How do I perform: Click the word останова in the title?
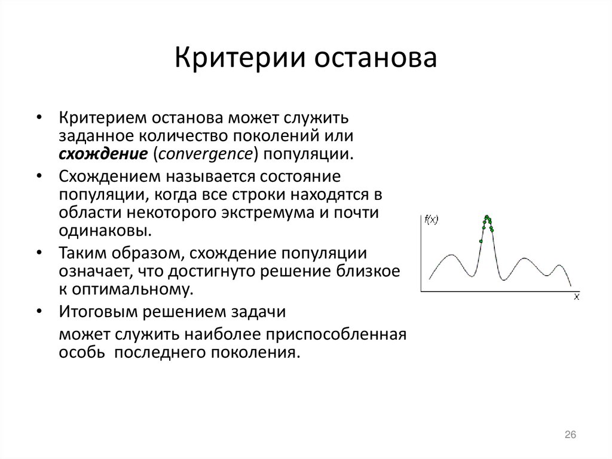click(375, 59)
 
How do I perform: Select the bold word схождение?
click(103, 153)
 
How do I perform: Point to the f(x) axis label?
click(432, 220)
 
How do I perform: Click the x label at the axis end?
click(576, 297)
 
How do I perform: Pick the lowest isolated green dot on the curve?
click(481, 241)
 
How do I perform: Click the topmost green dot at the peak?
click(487, 216)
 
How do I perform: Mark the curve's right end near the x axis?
click(570, 285)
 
